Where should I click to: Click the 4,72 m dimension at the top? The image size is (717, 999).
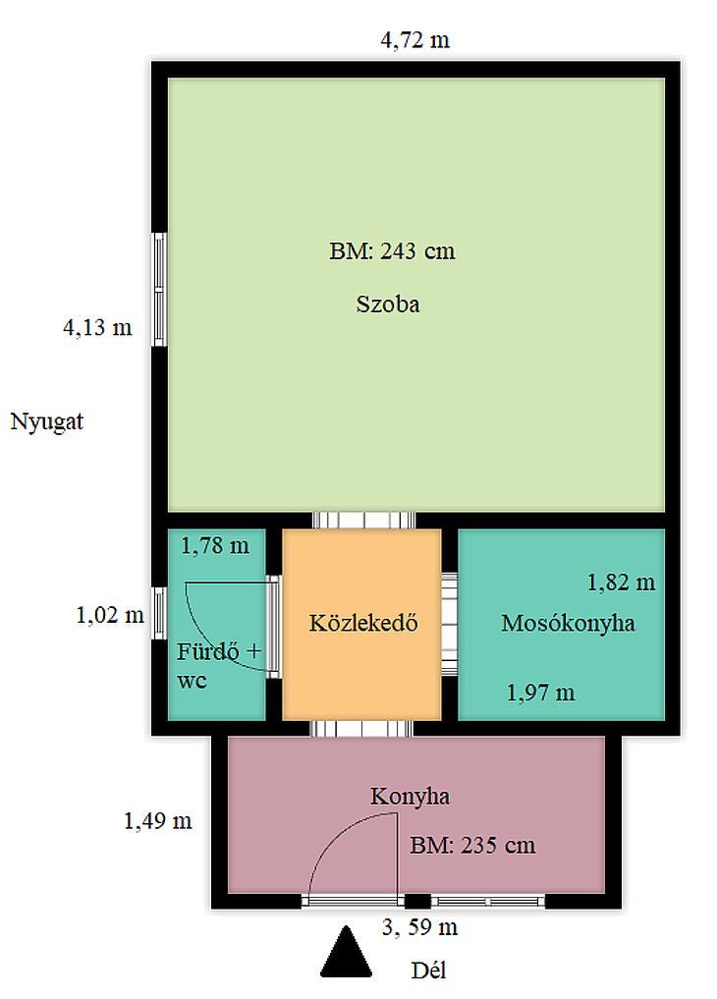click(x=414, y=40)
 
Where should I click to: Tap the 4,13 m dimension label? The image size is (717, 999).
click(x=97, y=327)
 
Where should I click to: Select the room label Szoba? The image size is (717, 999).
click(x=388, y=304)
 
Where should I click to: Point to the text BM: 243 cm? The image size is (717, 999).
click(x=392, y=250)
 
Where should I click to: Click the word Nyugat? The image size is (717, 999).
click(x=46, y=421)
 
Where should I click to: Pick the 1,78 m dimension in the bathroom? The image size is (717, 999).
click(x=215, y=546)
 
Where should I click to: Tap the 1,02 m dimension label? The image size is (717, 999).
click(x=110, y=616)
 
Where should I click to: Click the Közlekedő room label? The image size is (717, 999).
click(x=363, y=622)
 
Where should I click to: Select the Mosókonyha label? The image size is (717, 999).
click(x=568, y=623)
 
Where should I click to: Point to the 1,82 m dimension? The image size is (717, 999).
click(x=621, y=583)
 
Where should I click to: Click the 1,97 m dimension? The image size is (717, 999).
click(x=540, y=693)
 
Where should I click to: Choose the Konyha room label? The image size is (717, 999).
click(x=411, y=796)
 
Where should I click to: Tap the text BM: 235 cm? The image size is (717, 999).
click(x=472, y=846)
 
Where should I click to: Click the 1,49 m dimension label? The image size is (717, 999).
click(x=158, y=821)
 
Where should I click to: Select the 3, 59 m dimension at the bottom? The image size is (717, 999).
click(x=419, y=927)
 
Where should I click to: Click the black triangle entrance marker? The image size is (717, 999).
click(x=346, y=952)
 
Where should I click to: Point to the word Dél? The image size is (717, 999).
click(x=428, y=971)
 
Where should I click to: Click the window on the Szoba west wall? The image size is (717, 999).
click(x=159, y=290)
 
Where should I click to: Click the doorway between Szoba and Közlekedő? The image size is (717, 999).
click(x=363, y=520)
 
